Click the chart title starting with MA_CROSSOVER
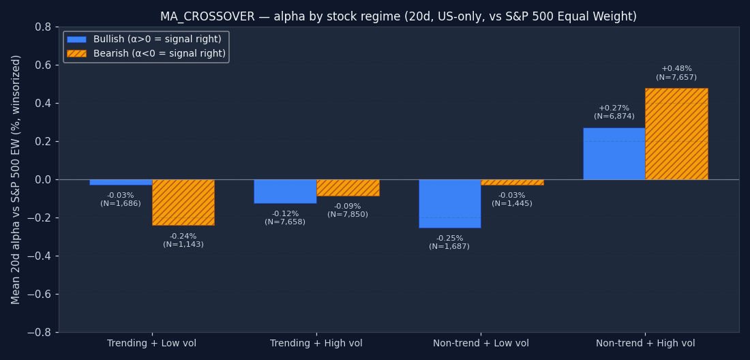(x=398, y=17)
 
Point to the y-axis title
(x=16, y=179)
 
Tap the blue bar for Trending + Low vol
(x=121, y=182)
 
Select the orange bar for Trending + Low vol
(x=183, y=202)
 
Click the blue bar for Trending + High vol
(x=285, y=192)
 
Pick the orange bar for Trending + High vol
(x=348, y=188)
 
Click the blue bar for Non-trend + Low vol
(x=449, y=204)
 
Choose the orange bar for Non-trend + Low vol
(x=512, y=182)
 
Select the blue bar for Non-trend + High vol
(x=614, y=154)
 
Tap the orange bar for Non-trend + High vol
(x=676, y=134)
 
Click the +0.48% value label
(x=676, y=69)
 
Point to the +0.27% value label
(x=614, y=108)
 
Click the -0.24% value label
(x=183, y=237)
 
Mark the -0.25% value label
(x=449, y=239)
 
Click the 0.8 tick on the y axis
(x=43, y=27)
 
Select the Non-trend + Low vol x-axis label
(x=481, y=344)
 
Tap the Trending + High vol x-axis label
(x=316, y=344)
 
